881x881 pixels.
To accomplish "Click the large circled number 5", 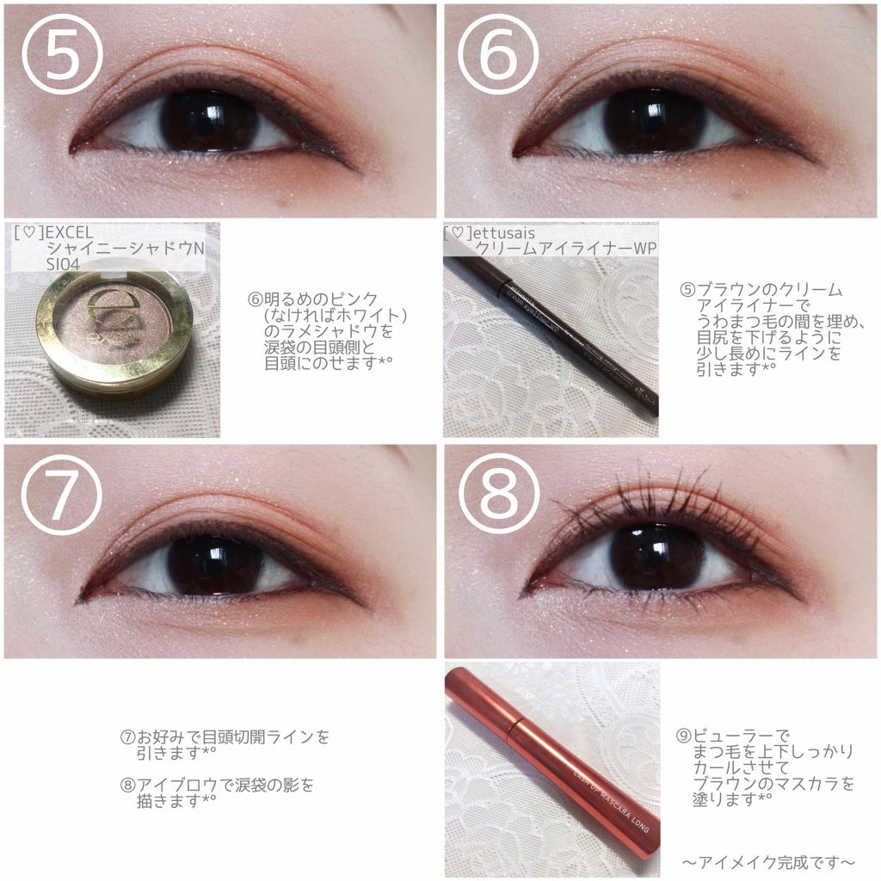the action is pos(62,54).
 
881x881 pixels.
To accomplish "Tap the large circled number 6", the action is pos(498,54).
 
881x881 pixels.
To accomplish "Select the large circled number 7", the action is pos(62,495).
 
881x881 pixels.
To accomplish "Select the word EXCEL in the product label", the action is pos(70,232).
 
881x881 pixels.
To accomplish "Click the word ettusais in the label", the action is pos(504,232).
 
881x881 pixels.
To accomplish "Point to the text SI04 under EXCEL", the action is pos(64,265).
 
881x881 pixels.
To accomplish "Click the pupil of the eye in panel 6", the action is pos(655,120).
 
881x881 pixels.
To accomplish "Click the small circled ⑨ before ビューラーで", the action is pos(683,736).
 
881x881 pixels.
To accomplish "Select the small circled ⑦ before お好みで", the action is pos(128,736).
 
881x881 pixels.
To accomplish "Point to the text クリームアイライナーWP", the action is pos(566,249).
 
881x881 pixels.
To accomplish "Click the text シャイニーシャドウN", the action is pos(126,249).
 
